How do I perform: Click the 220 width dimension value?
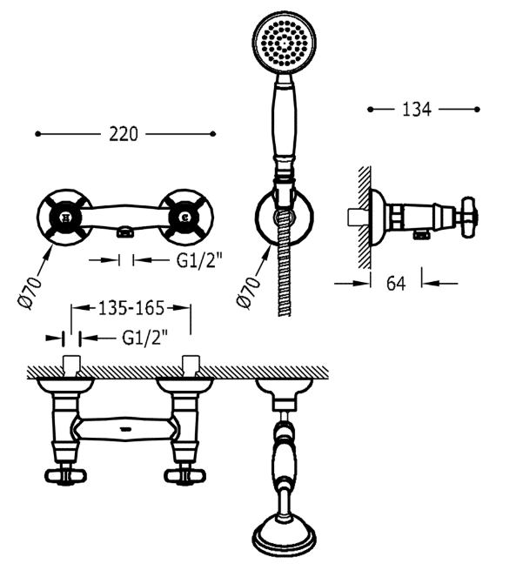click(x=124, y=134)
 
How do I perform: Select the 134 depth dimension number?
click(x=417, y=110)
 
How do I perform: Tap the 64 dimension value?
click(x=396, y=283)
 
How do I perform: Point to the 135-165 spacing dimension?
click(x=131, y=308)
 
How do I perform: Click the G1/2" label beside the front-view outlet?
click(x=199, y=260)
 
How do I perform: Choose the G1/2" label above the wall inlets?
click(x=145, y=338)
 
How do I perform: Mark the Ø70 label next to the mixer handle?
click(x=30, y=292)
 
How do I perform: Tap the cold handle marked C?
click(x=185, y=218)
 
